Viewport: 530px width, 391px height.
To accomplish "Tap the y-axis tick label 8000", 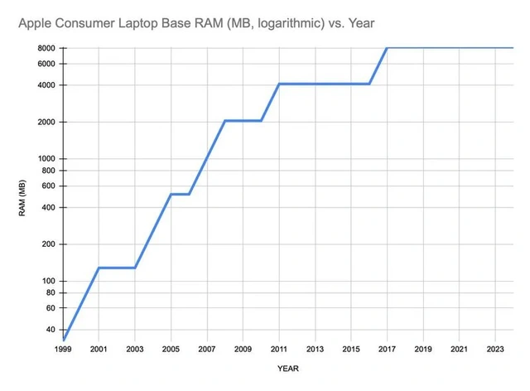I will pos(46,48).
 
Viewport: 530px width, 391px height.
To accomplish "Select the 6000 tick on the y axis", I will pos(46,64).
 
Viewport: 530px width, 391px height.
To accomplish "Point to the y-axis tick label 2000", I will pos(46,122).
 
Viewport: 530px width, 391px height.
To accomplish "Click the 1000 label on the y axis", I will pos(46,158).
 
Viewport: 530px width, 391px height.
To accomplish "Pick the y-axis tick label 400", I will pos(48,207).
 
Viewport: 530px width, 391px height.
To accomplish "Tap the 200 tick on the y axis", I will pos(48,244).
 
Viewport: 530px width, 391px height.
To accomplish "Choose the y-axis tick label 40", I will pos(50,330).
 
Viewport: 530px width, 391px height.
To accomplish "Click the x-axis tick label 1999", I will pos(63,349).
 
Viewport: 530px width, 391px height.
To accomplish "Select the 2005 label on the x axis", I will pos(171,349).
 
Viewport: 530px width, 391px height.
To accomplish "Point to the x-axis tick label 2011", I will pos(278,349).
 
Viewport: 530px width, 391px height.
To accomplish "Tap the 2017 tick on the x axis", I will pos(387,349).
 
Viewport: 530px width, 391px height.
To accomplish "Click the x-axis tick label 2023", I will pos(494,349).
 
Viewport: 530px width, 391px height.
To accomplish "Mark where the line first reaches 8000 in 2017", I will pos(387,48).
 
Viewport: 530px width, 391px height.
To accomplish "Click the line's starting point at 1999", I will pos(63,340).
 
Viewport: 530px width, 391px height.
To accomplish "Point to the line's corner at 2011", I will pos(278,84).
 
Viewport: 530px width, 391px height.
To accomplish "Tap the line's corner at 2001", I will pos(99,268).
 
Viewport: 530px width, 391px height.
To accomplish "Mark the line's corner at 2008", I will pos(224,121).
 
